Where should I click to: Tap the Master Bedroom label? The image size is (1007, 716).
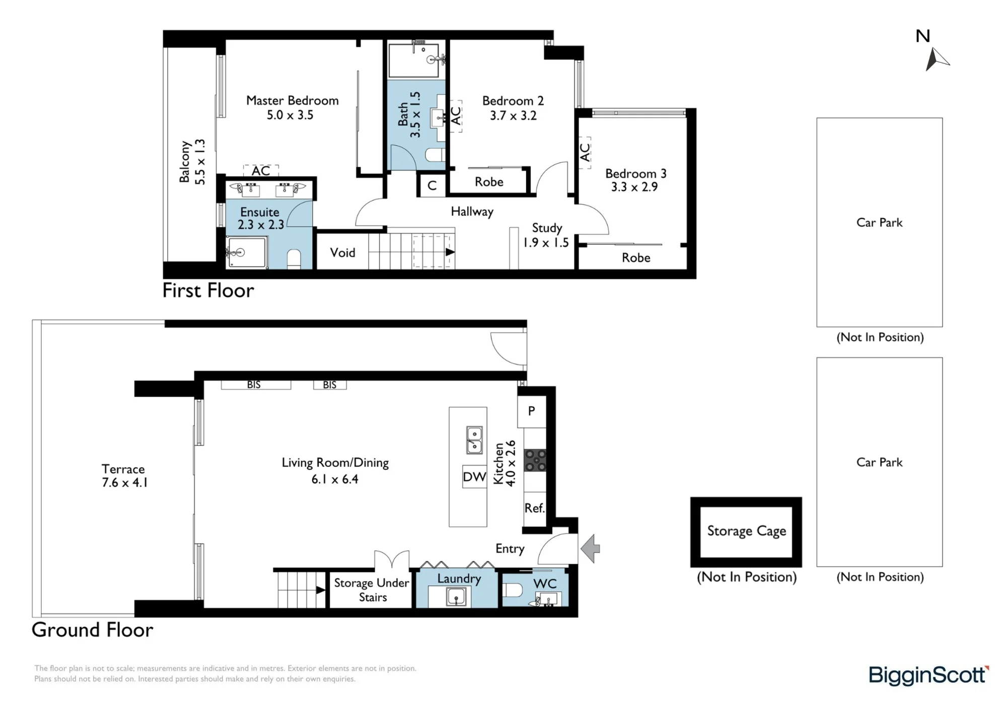click(292, 101)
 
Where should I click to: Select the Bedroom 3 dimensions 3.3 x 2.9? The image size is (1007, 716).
click(634, 187)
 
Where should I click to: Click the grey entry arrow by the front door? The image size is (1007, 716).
click(590, 548)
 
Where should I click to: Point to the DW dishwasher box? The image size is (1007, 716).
click(474, 477)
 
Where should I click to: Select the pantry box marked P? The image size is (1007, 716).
click(532, 412)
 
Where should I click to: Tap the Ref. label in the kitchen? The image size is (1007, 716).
click(534, 508)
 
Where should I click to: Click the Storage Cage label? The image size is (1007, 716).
click(746, 531)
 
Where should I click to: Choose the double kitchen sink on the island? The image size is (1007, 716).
click(474, 440)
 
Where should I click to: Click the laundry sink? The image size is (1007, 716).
click(456, 597)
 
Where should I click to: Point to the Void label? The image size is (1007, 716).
click(342, 253)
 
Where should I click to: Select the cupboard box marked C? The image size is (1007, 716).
click(432, 186)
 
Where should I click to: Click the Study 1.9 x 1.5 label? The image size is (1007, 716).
click(546, 235)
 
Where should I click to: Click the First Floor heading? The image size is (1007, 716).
click(208, 291)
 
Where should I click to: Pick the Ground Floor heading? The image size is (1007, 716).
click(92, 630)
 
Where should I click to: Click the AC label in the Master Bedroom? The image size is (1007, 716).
click(261, 171)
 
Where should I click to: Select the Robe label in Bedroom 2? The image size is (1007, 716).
click(489, 182)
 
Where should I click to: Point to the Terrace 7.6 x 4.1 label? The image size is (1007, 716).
click(124, 476)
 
